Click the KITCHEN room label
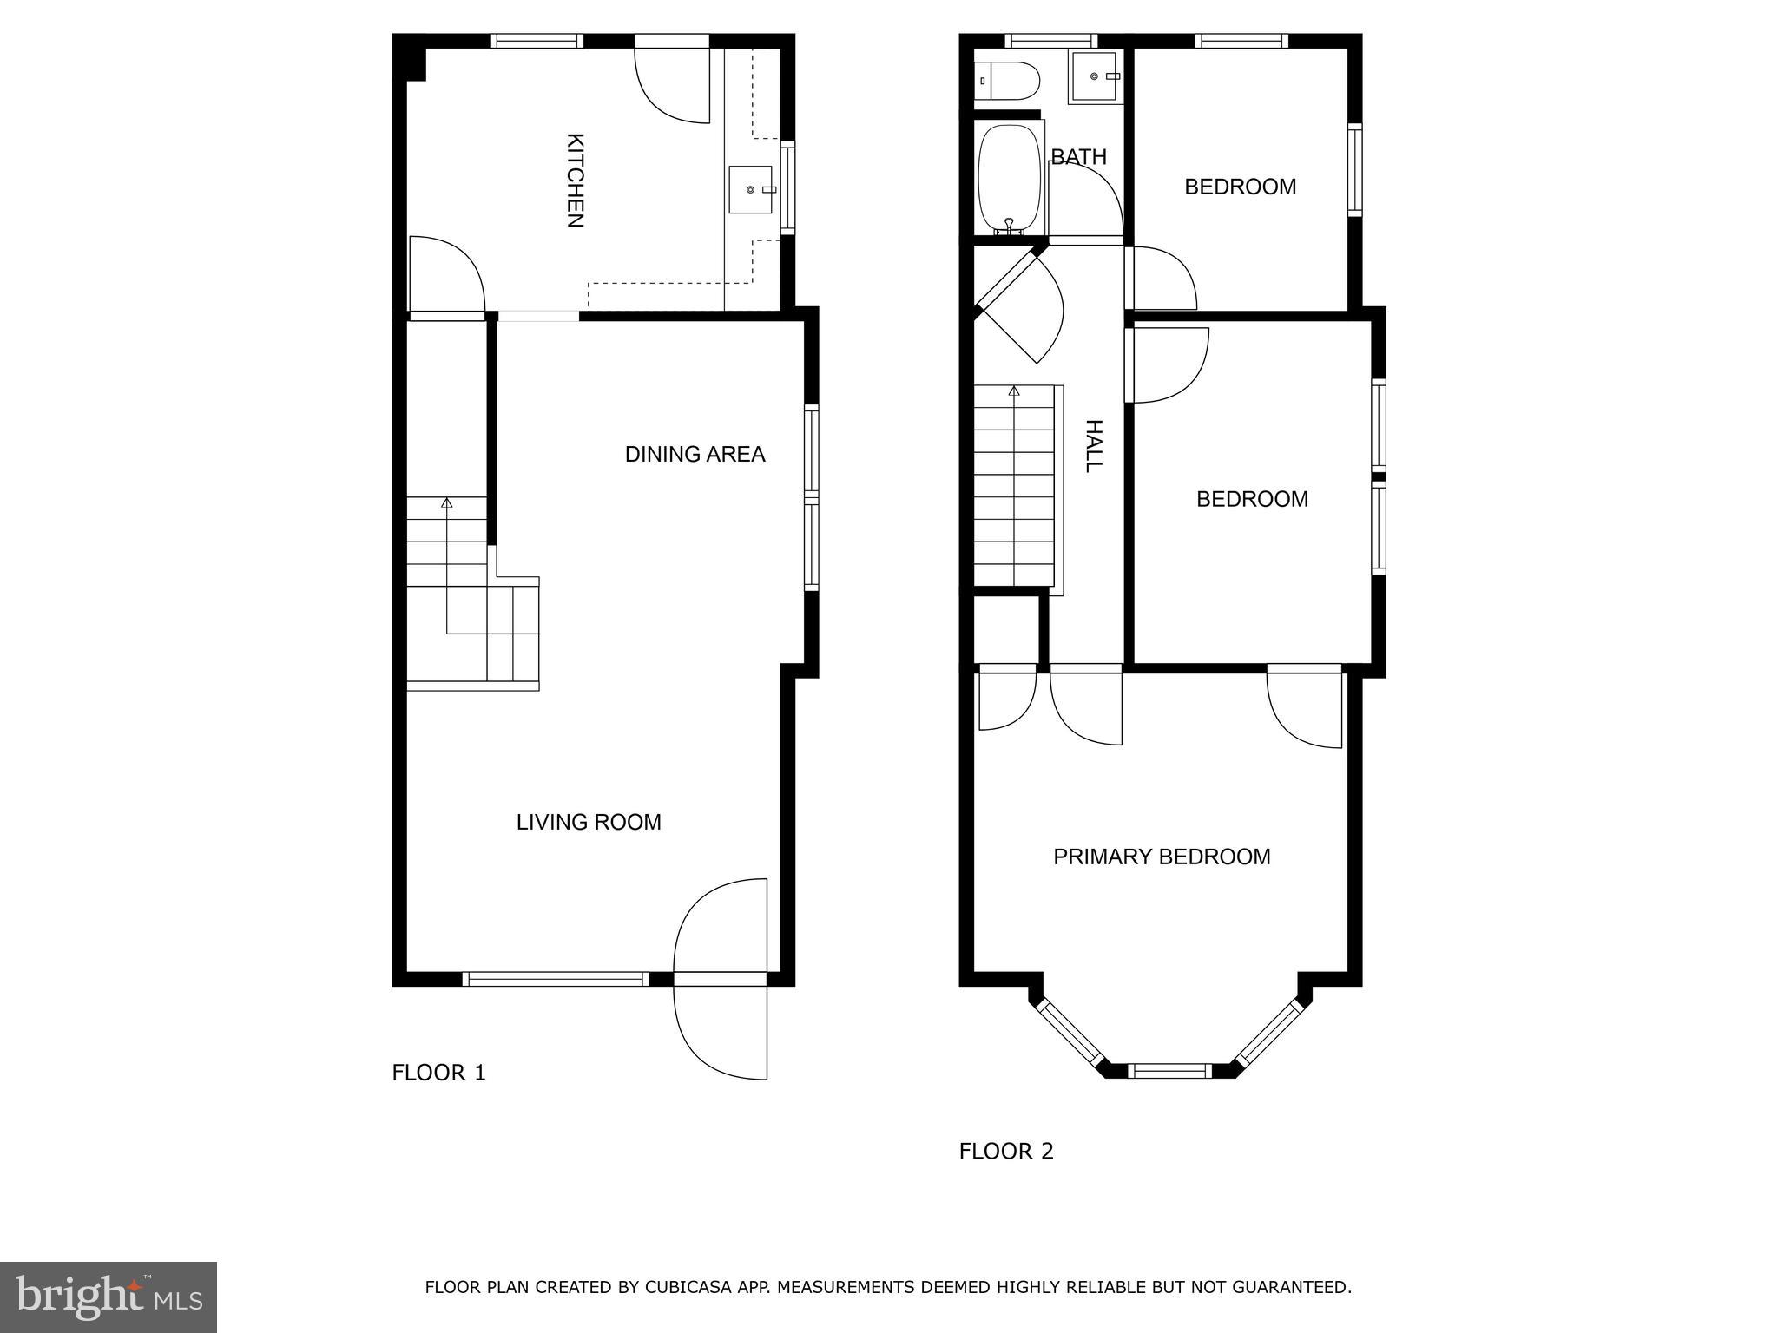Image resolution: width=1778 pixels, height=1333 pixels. tap(575, 181)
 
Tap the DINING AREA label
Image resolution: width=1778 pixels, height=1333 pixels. tap(695, 454)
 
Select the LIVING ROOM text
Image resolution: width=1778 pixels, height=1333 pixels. tap(589, 822)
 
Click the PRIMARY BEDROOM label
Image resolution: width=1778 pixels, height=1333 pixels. tap(1162, 857)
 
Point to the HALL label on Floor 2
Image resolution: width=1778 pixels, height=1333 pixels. tap(1094, 445)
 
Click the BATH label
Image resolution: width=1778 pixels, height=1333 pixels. tap(1078, 157)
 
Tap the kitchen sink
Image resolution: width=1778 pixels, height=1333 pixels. tap(750, 189)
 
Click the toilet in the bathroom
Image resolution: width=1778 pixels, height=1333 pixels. tap(1007, 81)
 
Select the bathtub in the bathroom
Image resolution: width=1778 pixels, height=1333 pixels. tap(1009, 179)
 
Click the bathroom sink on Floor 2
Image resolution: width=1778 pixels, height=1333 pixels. tap(1095, 76)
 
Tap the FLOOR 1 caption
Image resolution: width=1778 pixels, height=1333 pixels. tap(438, 1073)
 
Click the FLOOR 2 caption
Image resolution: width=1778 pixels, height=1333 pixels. tap(1005, 1152)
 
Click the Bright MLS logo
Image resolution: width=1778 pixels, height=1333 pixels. tap(108, 1297)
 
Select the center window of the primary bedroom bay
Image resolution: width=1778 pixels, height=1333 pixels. tap(1169, 1070)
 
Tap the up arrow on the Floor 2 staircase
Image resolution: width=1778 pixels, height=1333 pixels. tap(1014, 391)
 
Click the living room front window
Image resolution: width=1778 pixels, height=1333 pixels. tap(556, 979)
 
